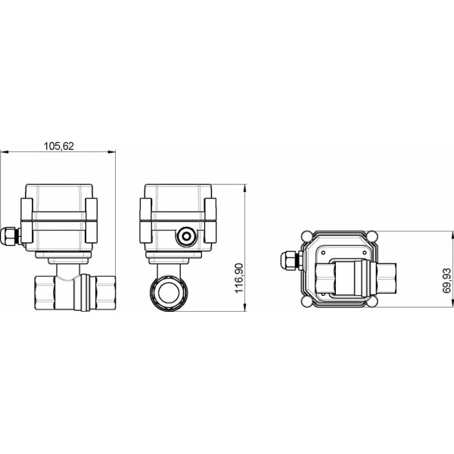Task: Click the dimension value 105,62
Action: [58, 146]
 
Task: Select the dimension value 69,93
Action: [446, 279]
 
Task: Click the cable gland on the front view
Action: [9, 236]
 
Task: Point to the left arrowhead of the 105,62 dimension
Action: [3, 153]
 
